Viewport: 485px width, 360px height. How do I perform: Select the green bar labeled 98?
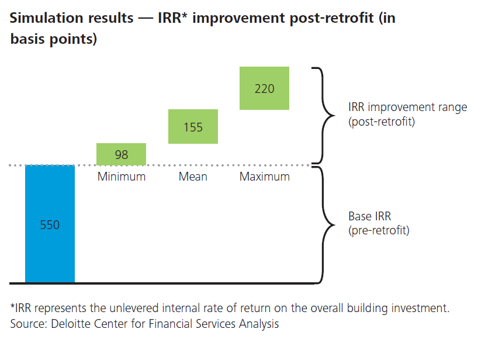[121, 154]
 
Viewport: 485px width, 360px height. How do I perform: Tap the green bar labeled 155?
[193, 127]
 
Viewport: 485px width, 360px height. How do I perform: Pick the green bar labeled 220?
[264, 89]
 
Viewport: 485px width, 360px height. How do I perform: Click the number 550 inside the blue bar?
[50, 224]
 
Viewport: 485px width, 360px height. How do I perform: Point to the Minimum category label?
[121, 176]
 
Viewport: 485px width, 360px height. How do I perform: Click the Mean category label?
[193, 176]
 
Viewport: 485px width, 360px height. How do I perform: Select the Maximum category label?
[264, 176]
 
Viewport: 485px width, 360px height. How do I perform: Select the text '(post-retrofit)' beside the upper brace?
[381, 122]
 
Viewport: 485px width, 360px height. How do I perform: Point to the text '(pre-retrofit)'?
[379, 230]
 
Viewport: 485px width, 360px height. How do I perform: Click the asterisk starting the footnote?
[13, 307]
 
